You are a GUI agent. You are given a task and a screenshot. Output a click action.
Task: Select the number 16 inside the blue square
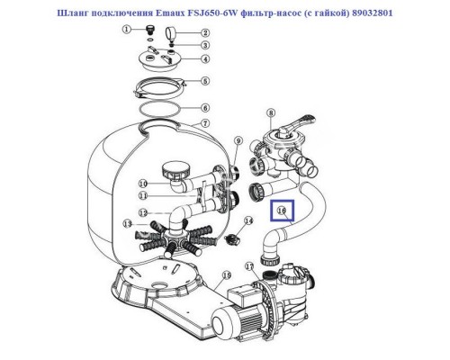pos(281,211)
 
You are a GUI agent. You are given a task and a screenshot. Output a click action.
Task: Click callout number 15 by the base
pos(226,275)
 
